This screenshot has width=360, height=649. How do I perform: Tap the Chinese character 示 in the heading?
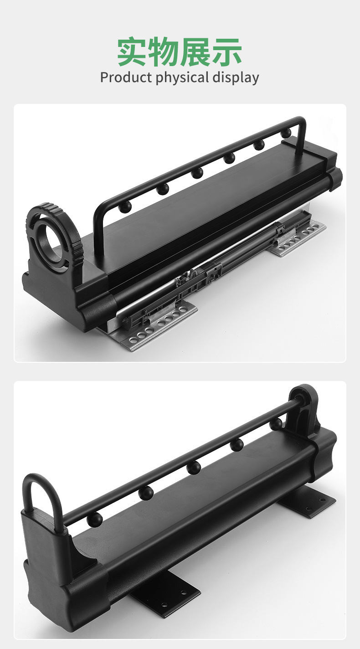(x=227, y=52)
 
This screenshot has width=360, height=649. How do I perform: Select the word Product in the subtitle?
(x=126, y=77)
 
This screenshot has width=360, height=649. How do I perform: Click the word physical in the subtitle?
(x=182, y=78)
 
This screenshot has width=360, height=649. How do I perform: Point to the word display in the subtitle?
(x=236, y=78)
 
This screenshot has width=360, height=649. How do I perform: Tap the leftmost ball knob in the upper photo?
(x=125, y=206)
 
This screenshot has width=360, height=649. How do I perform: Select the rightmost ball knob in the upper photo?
(x=287, y=133)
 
